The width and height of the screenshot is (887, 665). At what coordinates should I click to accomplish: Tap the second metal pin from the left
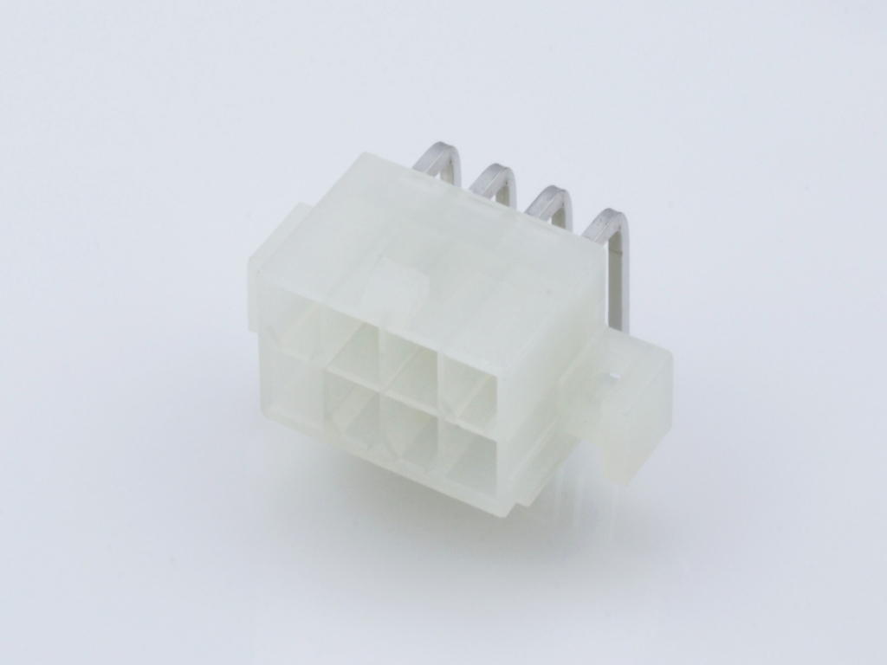(x=492, y=179)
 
